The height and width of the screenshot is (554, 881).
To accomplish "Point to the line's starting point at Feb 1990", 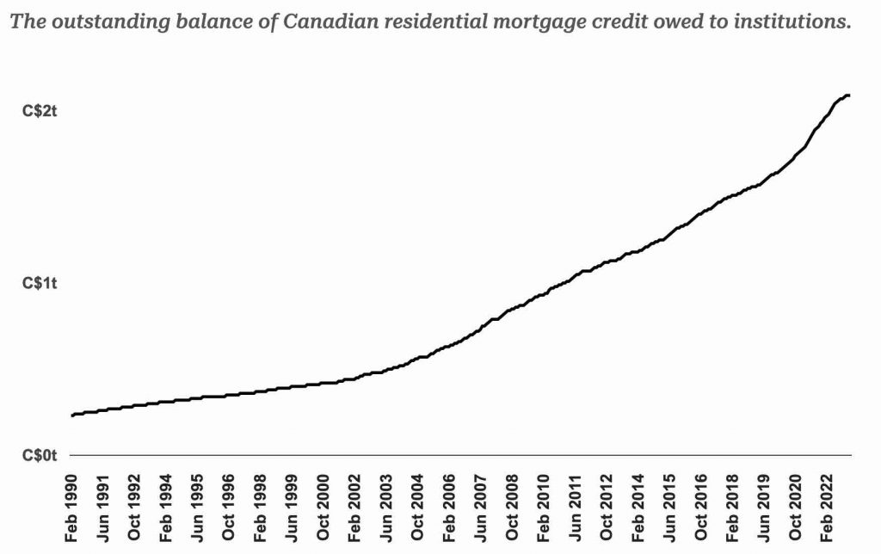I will pos(72,415).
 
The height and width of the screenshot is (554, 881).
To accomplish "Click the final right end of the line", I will pos(849,95).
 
